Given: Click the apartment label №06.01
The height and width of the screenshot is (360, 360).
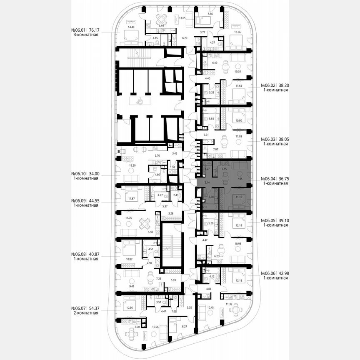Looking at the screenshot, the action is point(80,30).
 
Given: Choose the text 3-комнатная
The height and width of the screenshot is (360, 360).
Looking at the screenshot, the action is point(85,35).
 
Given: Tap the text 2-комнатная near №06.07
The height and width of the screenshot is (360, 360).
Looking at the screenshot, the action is point(85,312).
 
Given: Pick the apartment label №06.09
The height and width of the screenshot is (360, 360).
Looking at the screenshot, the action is point(80,200).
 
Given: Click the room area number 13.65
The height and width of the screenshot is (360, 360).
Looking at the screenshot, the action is point(182,18).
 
